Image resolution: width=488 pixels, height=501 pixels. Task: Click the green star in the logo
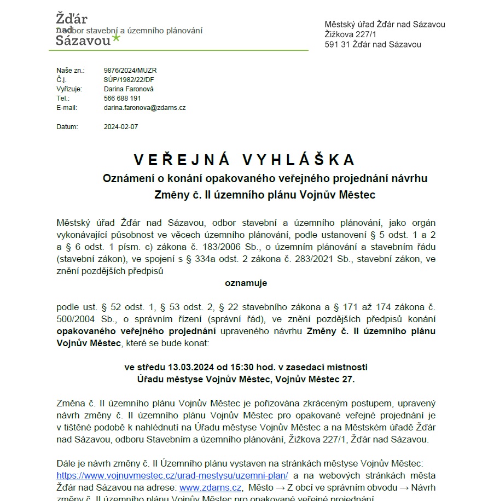point(116,38)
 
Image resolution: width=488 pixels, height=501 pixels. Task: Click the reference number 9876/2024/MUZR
point(130,71)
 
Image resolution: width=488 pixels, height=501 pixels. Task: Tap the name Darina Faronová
point(129,89)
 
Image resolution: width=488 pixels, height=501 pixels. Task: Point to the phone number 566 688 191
point(122,98)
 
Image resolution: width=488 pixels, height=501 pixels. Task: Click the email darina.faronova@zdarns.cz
point(144,108)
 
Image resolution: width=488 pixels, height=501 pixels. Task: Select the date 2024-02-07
point(121,127)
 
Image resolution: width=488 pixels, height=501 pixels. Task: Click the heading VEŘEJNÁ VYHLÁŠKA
point(245,160)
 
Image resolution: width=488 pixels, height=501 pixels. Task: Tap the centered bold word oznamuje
point(246,283)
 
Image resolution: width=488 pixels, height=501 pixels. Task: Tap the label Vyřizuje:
point(69,89)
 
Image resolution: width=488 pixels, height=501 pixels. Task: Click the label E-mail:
point(67,108)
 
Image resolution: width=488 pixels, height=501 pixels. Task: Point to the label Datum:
point(67,127)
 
